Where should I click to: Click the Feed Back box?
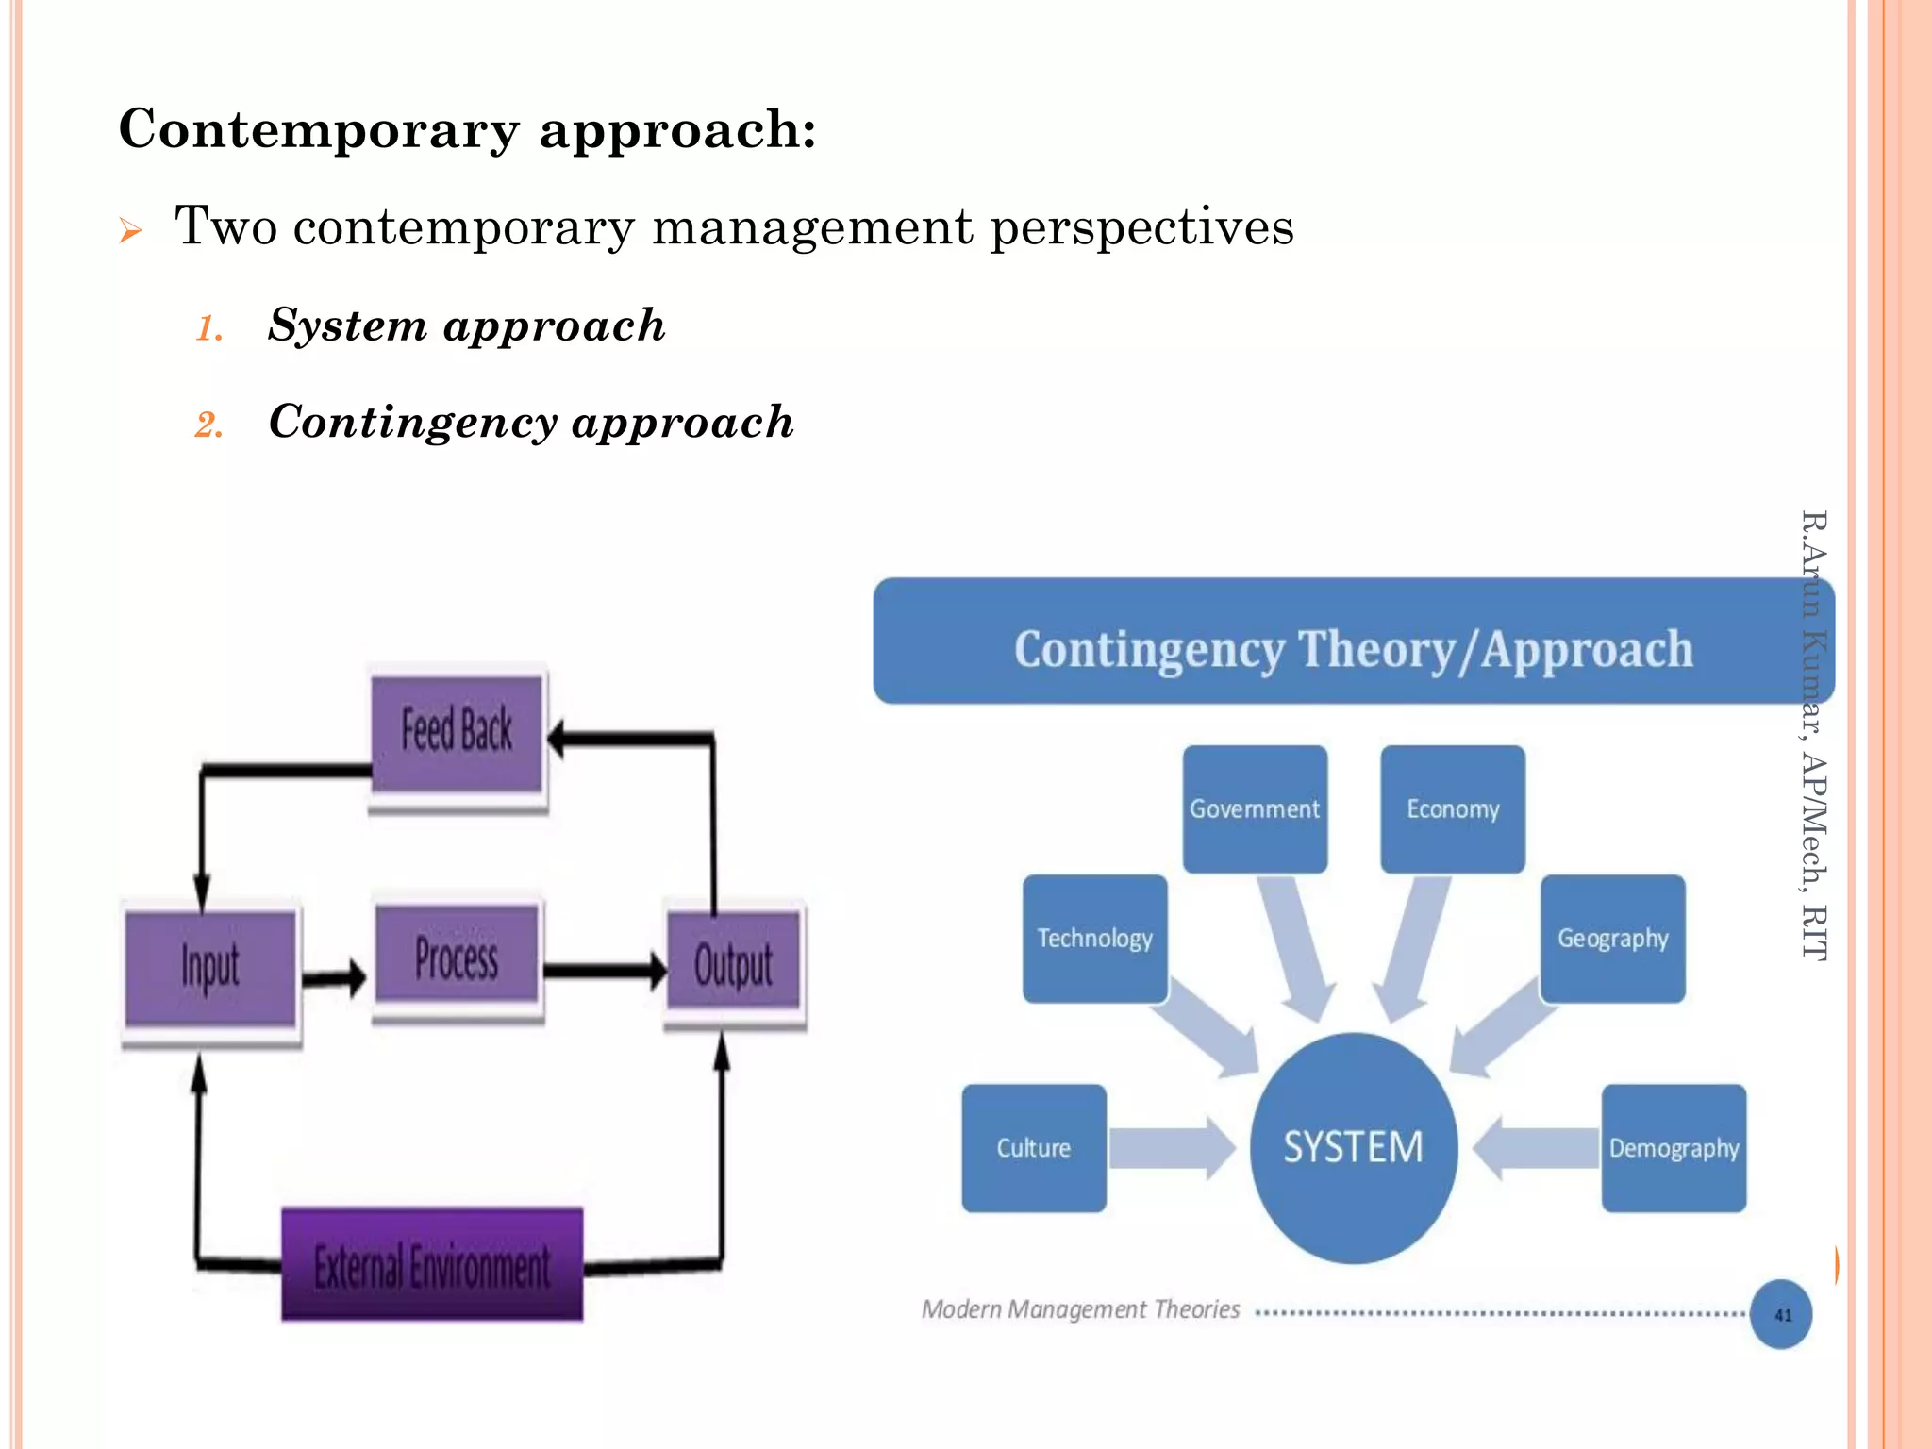pyautogui.click(x=457, y=732)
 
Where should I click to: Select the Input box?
pyautogui.click(x=210, y=966)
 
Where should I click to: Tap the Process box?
pyautogui.click(x=457, y=956)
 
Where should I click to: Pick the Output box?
pyautogui.click(x=733, y=964)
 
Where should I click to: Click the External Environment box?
pyautogui.click(x=432, y=1264)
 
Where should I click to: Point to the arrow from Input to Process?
pyautogui.click(x=335, y=977)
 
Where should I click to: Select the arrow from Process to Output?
pyautogui.click(x=605, y=971)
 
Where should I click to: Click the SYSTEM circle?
pyautogui.click(x=1353, y=1147)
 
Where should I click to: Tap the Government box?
pyautogui.click(x=1255, y=808)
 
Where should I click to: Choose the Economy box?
pyautogui.click(x=1452, y=808)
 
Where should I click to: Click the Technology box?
pyautogui.click(x=1094, y=938)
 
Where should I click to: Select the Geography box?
pyautogui.click(x=1612, y=938)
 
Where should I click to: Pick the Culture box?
pyautogui.click(x=1033, y=1147)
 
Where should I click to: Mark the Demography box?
pyautogui.click(x=1674, y=1147)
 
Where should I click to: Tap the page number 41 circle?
pyautogui.click(x=1781, y=1314)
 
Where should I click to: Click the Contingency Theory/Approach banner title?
pyautogui.click(x=1353, y=649)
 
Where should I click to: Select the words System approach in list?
pyautogui.click(x=466, y=325)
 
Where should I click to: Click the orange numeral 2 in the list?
pyautogui.click(x=208, y=425)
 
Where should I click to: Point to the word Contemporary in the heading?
pyautogui.click(x=319, y=129)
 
